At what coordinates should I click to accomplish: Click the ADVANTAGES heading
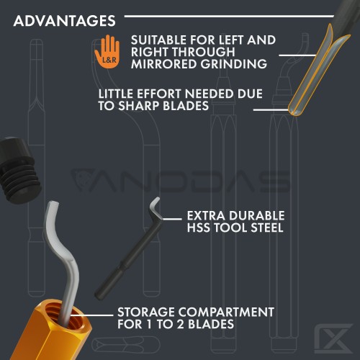(x=64, y=21)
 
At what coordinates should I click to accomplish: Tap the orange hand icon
(x=107, y=52)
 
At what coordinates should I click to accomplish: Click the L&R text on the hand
(x=109, y=60)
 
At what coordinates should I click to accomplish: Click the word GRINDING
(x=234, y=64)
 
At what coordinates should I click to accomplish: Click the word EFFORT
(x=158, y=94)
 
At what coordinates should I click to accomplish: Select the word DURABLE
(x=256, y=215)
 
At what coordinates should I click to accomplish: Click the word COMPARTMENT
(x=226, y=312)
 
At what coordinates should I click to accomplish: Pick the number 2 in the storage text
(x=180, y=324)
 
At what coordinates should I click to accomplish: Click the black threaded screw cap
(x=19, y=170)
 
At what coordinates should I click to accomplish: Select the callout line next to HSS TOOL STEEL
(x=172, y=219)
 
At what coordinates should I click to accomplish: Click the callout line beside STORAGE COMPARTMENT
(x=92, y=315)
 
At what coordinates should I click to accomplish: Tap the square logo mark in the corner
(x=333, y=338)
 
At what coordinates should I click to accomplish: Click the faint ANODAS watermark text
(x=181, y=181)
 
